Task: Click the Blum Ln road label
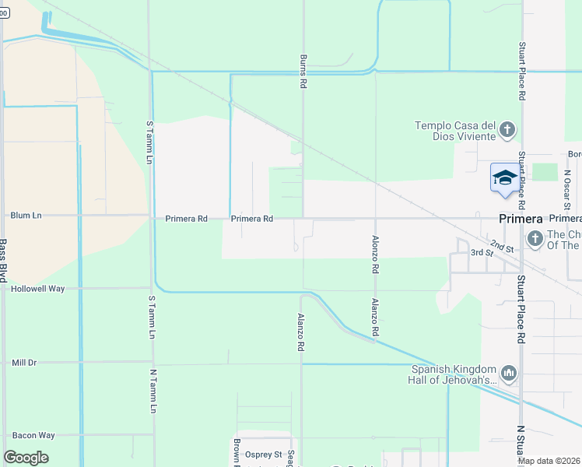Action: (x=26, y=216)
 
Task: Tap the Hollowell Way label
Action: (x=37, y=288)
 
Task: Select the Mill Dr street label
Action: (x=24, y=363)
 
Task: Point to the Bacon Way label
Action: (x=33, y=435)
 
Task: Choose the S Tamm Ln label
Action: (x=151, y=142)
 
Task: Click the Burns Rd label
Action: (x=303, y=71)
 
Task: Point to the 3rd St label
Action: (x=482, y=253)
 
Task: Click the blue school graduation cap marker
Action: (x=503, y=177)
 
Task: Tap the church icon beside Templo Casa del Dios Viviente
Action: (x=507, y=130)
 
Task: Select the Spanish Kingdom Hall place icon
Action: (x=509, y=374)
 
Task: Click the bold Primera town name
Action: (x=520, y=219)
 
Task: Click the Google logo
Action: (x=26, y=458)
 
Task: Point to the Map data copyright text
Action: (x=549, y=461)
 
